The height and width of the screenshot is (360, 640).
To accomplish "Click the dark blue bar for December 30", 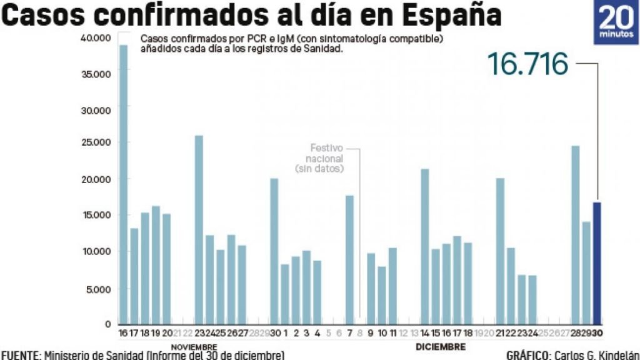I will (597, 262).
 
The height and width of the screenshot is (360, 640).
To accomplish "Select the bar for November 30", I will (274, 251).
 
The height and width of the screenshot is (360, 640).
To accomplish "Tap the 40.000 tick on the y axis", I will (96, 38).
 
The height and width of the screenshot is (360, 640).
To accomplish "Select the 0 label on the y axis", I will (107, 324).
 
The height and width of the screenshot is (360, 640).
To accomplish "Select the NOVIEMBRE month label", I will (194, 347).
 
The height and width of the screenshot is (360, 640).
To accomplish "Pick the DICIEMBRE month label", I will (441, 346).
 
